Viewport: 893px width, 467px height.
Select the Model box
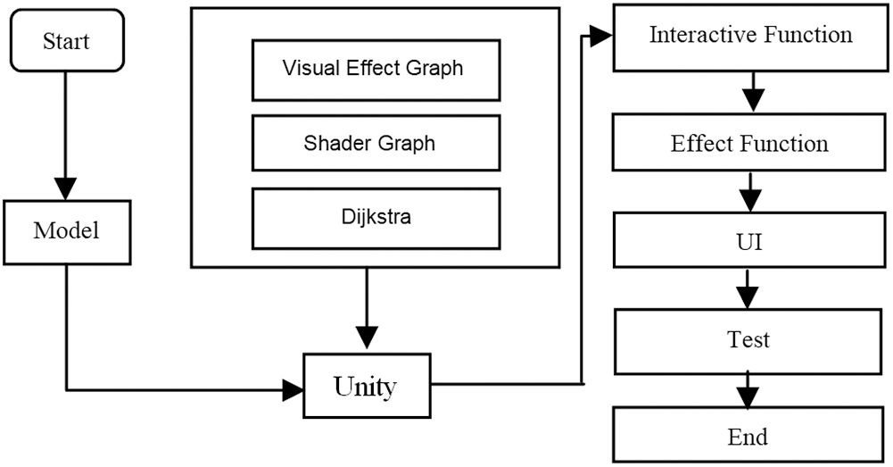(67, 230)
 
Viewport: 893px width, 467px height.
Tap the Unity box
(365, 387)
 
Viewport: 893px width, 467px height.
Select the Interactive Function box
(750, 37)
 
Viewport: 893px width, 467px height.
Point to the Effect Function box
(750, 144)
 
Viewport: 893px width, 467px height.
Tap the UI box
(750, 242)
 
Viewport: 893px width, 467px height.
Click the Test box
(750, 340)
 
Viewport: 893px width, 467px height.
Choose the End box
(750, 437)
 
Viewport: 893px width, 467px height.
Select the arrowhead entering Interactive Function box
(601, 37)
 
